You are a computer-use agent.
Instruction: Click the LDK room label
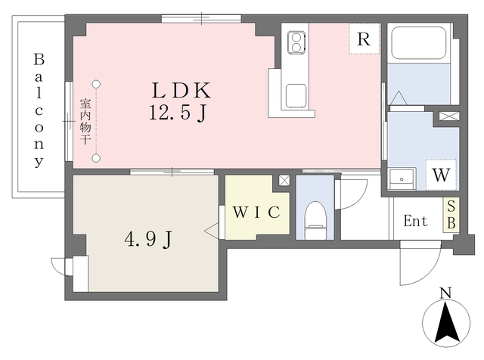(x=181, y=90)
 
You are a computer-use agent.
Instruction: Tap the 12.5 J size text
(x=178, y=113)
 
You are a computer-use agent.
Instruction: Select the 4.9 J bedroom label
(x=148, y=239)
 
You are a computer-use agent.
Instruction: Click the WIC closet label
(x=256, y=212)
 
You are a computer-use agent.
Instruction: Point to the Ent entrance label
(x=415, y=221)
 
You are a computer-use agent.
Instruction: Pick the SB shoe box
(x=451, y=215)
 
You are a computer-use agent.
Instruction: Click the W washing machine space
(x=441, y=175)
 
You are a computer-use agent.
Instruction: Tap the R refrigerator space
(x=365, y=39)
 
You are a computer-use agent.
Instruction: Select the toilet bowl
(x=315, y=220)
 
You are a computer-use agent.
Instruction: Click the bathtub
(x=418, y=42)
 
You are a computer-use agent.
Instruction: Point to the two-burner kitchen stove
(x=296, y=42)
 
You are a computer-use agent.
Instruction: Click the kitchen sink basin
(x=296, y=96)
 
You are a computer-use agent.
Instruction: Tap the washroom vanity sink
(x=402, y=179)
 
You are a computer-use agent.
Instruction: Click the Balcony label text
(x=39, y=110)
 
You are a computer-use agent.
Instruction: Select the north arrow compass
(x=446, y=323)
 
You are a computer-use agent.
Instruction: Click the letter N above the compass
(x=445, y=293)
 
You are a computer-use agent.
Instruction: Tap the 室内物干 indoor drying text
(x=85, y=121)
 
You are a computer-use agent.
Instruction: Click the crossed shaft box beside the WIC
(x=284, y=180)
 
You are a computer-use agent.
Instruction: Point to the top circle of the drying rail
(x=97, y=84)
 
